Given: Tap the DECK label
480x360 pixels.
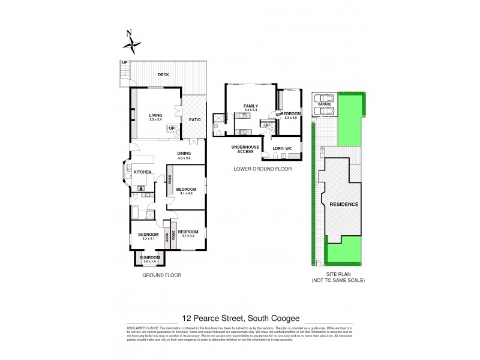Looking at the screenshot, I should coord(163,75).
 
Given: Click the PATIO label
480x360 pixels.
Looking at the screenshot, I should coord(194,119).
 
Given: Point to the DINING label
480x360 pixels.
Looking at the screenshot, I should coord(184,153).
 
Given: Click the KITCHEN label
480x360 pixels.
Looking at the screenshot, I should coord(142,172).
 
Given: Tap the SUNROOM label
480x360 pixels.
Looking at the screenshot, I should coord(149,257).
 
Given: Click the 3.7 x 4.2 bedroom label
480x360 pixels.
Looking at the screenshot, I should coord(188,232).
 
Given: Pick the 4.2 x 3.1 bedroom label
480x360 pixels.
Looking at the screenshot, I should coord(148,235).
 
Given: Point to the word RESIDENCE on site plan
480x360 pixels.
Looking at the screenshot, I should coord(344,204).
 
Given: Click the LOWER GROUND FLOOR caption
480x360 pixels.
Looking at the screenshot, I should coord(263,169).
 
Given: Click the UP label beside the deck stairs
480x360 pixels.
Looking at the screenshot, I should coord(125,63).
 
